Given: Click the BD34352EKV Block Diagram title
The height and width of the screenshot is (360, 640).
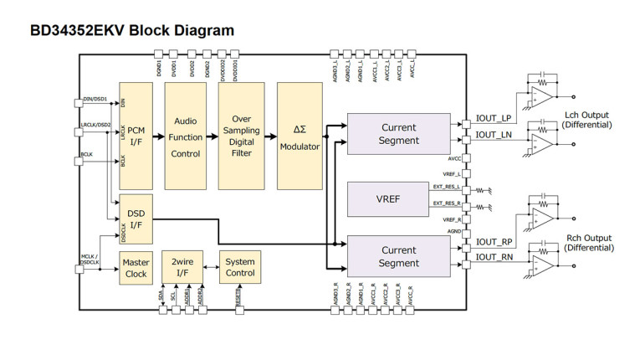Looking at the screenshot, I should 132,30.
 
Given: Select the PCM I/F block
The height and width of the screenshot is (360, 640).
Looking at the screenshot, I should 136,136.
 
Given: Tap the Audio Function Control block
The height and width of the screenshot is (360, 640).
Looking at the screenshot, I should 185,136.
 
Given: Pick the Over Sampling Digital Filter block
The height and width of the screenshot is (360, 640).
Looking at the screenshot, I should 241,136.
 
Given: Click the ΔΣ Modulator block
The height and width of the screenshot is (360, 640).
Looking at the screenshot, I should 300,136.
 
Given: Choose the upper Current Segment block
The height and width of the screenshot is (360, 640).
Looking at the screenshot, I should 399,134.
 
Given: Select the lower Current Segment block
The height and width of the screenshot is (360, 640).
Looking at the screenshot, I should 399,256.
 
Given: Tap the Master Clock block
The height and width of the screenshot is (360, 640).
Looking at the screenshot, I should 136,268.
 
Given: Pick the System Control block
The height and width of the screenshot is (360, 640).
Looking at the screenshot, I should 241,268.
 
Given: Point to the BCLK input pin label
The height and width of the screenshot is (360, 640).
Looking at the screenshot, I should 86,154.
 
